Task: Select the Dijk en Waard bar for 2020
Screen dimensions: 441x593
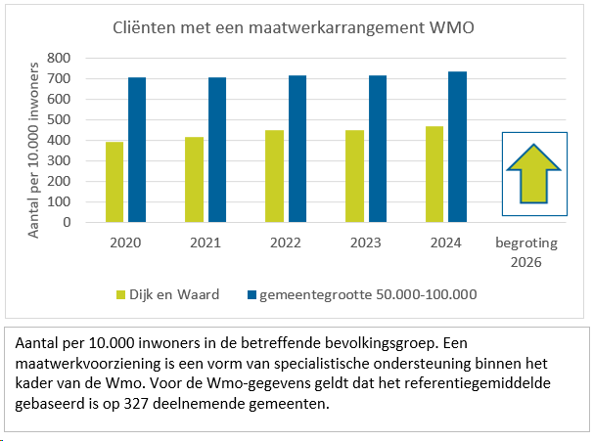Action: [x=114, y=182]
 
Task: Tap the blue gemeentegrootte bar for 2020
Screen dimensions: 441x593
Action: [x=137, y=150]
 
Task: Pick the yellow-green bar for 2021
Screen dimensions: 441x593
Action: [x=195, y=180]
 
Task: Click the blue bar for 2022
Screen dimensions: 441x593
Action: [x=297, y=149]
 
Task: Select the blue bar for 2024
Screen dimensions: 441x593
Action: [x=458, y=147]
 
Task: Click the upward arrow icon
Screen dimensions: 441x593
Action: [x=534, y=173]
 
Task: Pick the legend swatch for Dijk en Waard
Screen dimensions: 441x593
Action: [x=121, y=293]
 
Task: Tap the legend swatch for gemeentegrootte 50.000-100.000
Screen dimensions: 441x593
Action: [x=252, y=293]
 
